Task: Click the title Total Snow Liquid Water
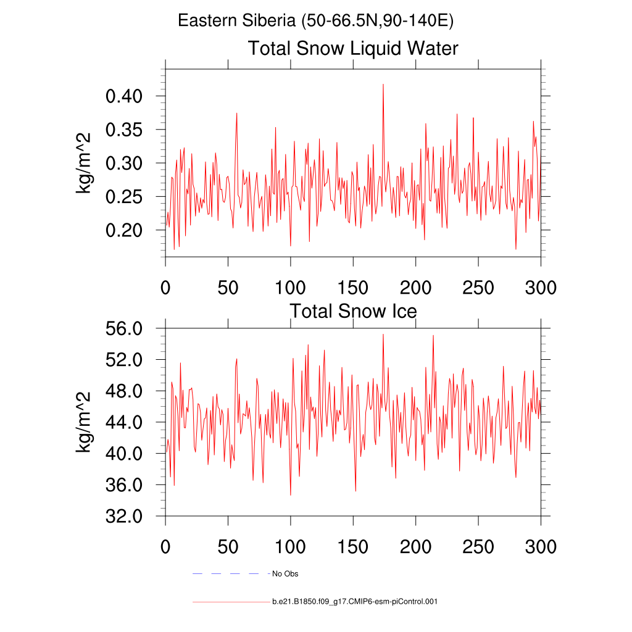tap(353, 48)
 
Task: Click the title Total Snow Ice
tap(353, 311)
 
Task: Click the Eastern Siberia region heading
tap(316, 21)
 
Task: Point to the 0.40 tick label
tap(125, 96)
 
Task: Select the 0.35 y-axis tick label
tap(125, 130)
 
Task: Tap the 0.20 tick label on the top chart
tap(125, 231)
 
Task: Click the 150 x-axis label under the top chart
tap(353, 288)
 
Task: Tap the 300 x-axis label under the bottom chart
tap(541, 547)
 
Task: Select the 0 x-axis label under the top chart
tap(165, 288)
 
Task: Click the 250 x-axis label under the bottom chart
tap(478, 547)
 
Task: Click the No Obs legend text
tap(285, 574)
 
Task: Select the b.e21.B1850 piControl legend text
tap(354, 601)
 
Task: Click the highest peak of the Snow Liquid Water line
tap(383, 85)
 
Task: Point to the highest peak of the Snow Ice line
tap(383, 335)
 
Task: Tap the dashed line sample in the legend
tap(226, 574)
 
